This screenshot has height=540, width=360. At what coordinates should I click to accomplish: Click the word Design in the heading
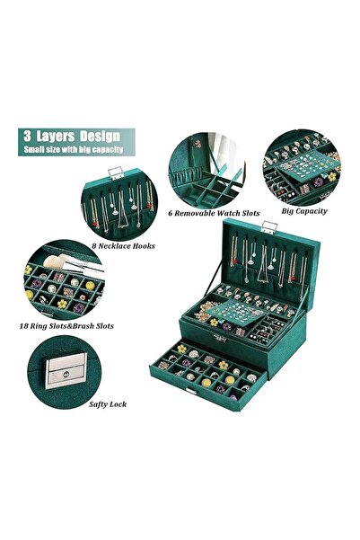click(101, 137)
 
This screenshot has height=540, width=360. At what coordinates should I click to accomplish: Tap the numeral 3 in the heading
click(27, 136)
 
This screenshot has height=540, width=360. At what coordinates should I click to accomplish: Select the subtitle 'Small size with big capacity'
click(74, 149)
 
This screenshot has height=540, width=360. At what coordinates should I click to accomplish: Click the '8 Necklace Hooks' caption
click(123, 246)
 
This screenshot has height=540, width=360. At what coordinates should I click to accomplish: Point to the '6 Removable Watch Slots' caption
click(214, 213)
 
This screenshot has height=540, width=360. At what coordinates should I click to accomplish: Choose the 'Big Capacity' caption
click(304, 211)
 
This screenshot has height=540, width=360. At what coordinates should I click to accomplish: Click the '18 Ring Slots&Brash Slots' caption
click(66, 326)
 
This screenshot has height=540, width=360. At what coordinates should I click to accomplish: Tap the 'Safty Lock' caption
click(108, 404)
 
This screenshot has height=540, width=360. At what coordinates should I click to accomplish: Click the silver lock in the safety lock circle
click(66, 370)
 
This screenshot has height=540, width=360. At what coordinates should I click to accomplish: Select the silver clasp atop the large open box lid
click(269, 227)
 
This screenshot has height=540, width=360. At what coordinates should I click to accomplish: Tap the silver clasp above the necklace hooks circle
click(115, 173)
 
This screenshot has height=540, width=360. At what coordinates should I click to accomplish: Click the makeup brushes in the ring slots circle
click(74, 263)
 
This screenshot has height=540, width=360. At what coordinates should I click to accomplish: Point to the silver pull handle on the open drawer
click(191, 391)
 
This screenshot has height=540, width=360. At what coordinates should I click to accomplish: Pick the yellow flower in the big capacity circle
click(332, 177)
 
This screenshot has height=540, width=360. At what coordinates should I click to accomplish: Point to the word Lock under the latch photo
click(118, 404)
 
